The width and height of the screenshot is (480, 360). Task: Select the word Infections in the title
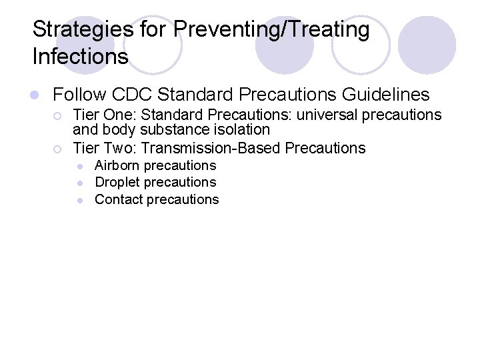pyautogui.click(x=80, y=57)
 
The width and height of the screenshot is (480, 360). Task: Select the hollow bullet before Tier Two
pyautogui.click(x=58, y=148)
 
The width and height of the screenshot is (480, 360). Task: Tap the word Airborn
pyautogui.click(x=117, y=165)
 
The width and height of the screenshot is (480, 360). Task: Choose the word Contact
pyautogui.click(x=117, y=199)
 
